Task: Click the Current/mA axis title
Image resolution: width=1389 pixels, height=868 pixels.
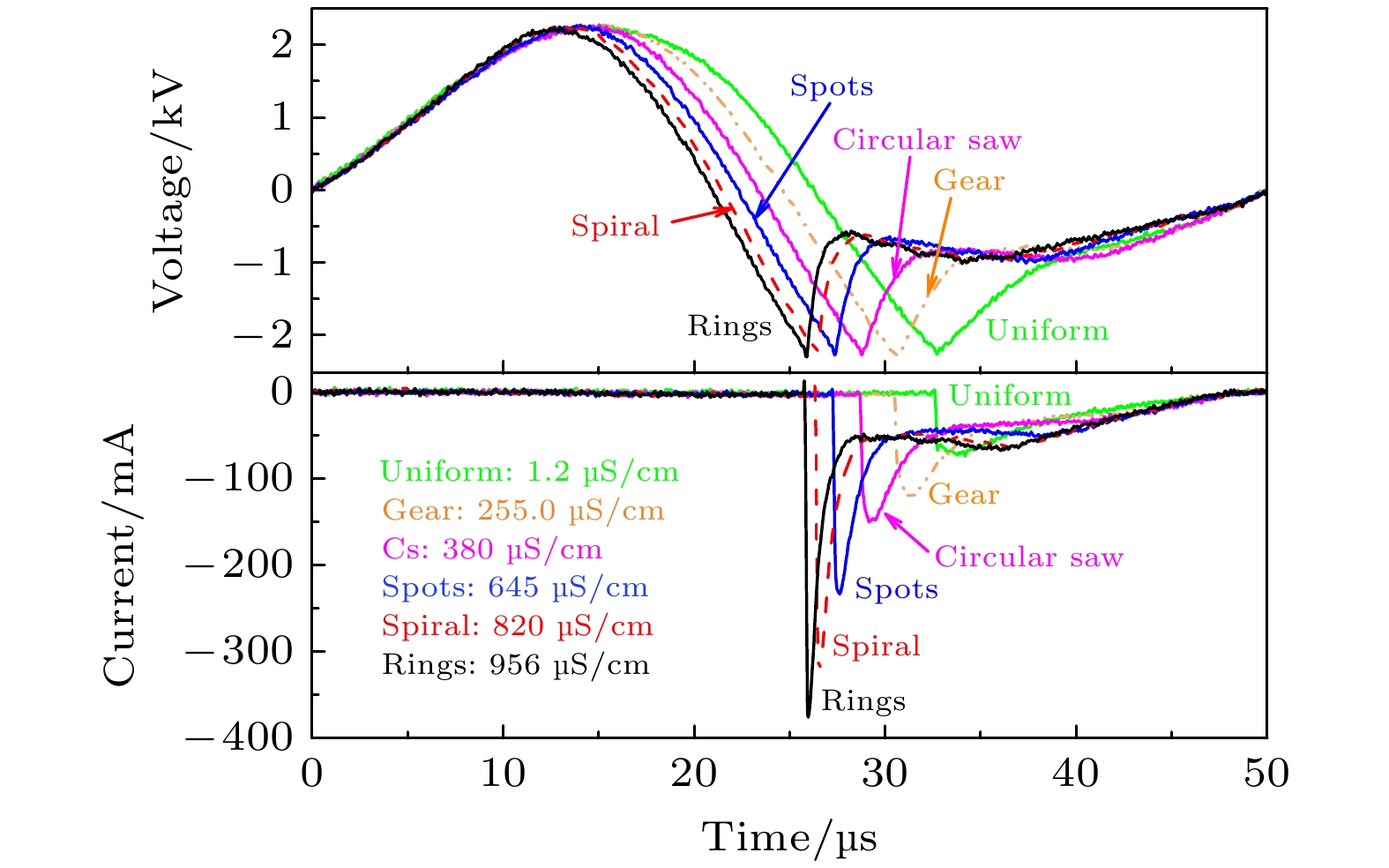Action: [x=120, y=556]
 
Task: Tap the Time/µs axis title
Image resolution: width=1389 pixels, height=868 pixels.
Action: [x=789, y=837]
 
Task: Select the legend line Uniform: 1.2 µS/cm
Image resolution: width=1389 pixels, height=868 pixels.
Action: [x=529, y=472]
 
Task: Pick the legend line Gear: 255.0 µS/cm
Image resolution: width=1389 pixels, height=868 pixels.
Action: [x=523, y=511]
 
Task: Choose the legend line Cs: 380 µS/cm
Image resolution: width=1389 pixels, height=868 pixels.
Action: [x=492, y=550]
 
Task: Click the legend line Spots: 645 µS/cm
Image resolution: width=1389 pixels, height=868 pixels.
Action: [x=515, y=587]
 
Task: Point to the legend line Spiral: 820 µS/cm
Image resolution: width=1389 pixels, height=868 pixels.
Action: [x=517, y=626]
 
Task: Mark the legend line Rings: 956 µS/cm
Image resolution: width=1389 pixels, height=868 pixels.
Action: [x=515, y=664]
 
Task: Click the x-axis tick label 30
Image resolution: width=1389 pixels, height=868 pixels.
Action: [x=885, y=774]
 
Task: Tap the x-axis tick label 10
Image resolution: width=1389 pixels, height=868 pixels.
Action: [x=503, y=774]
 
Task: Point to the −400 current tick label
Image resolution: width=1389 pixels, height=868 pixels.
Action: [x=238, y=737]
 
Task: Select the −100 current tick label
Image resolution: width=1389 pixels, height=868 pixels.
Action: [x=238, y=478]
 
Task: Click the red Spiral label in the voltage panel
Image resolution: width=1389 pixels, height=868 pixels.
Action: [x=615, y=227]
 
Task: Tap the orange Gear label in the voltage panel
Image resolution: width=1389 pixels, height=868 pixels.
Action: [x=968, y=181]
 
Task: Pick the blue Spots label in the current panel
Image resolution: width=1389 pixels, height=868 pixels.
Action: [x=896, y=589]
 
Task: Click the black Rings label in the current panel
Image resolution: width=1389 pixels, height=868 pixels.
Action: [x=863, y=701]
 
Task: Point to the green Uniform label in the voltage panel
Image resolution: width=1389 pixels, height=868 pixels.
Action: [x=1047, y=331]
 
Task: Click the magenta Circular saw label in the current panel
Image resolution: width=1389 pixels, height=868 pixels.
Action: [x=1028, y=557]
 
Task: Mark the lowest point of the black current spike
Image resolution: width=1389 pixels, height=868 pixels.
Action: [x=808, y=716]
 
